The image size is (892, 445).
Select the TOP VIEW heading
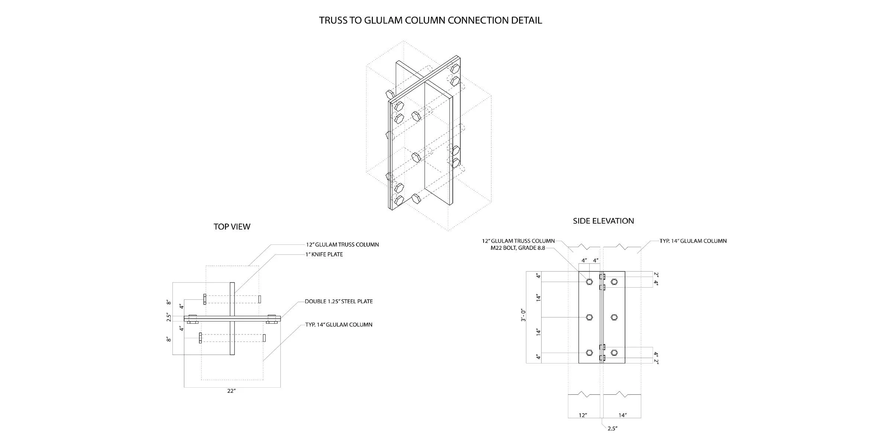232,227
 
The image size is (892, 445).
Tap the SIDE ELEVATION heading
603,221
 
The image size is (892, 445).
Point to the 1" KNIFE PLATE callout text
324,254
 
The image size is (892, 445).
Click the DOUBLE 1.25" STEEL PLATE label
339,301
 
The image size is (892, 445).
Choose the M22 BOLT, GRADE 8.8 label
518,248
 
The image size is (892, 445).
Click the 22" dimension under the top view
232,391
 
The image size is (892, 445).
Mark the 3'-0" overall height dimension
523,315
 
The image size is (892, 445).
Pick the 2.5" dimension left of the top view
169,317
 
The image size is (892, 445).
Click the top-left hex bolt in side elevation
589,282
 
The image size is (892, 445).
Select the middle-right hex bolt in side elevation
614,317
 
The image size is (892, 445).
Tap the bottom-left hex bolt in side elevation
589,353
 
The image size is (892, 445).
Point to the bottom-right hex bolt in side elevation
614,353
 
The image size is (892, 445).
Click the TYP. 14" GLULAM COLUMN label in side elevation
693,241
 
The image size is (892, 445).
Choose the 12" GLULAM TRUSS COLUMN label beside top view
343,245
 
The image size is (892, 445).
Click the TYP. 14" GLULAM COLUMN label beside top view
339,325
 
